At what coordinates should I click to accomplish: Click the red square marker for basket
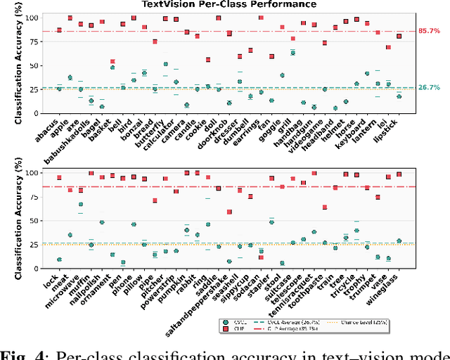[112, 62]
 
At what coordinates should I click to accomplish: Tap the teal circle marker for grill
[292, 53]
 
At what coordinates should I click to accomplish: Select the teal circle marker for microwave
[81, 205]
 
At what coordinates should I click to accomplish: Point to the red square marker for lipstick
[399, 36]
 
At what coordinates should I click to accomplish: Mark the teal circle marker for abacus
[59, 89]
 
